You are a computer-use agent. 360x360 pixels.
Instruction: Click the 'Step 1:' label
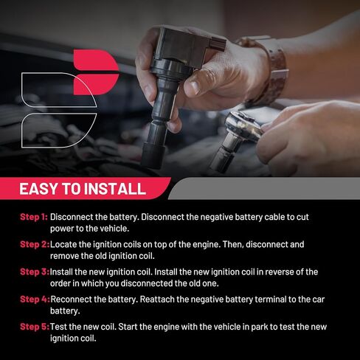pos(34,218)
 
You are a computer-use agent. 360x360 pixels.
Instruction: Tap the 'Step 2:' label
pos(34,244)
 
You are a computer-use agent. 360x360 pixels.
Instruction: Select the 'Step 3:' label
pos(34,271)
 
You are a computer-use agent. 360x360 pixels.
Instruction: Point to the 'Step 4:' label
pos(34,299)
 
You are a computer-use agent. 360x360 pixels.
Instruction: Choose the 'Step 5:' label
pos(34,326)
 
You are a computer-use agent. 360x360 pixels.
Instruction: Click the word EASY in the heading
pos(41,189)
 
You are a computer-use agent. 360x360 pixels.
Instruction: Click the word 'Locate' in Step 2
pos(65,244)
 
